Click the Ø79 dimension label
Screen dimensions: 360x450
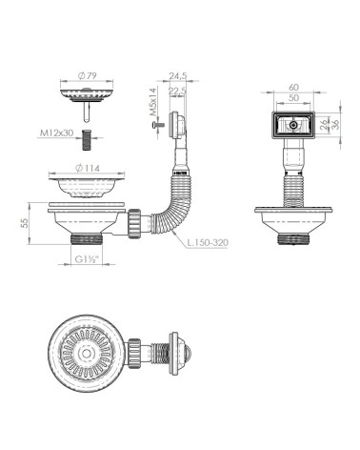pyautogui.click(x=87, y=76)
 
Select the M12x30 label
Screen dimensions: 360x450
pyautogui.click(x=56, y=133)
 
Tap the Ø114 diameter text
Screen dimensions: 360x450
pyautogui.click(x=89, y=168)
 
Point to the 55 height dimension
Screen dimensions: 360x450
pyautogui.click(x=25, y=222)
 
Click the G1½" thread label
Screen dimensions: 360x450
pyautogui.click(x=87, y=259)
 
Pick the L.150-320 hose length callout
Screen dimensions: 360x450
pyautogui.click(x=208, y=243)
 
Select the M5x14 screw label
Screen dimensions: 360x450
pyautogui.click(x=153, y=102)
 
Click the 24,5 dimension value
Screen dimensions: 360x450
pyautogui.click(x=178, y=76)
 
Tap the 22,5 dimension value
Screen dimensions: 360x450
pyautogui.click(x=177, y=91)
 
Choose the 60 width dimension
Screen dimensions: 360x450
pyautogui.click(x=294, y=87)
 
